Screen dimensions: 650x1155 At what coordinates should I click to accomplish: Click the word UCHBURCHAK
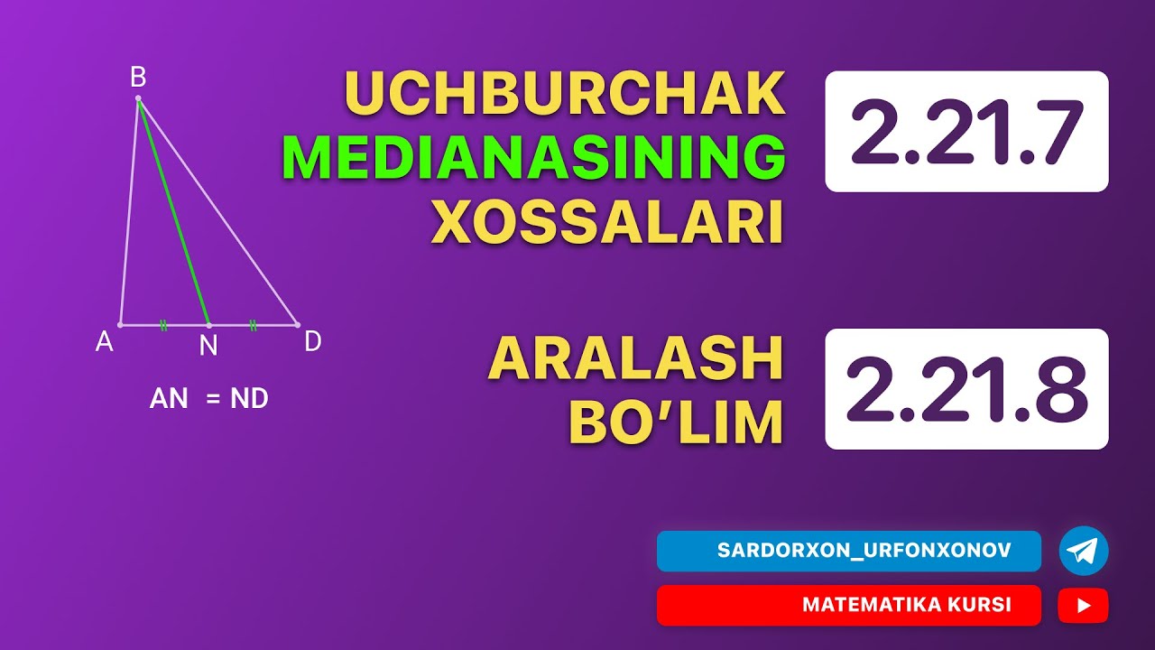(564, 94)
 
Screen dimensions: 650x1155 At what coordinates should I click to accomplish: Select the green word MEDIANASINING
(533, 158)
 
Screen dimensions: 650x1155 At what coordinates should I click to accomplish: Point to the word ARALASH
(635, 359)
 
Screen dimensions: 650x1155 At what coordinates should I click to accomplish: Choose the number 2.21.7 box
(966, 131)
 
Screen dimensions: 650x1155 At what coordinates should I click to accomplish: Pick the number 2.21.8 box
(966, 389)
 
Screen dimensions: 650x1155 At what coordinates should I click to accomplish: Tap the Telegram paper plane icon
(1083, 551)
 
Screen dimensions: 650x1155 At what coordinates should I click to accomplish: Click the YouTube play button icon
(1083, 605)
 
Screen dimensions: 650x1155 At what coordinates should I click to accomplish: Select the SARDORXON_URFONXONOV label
(864, 551)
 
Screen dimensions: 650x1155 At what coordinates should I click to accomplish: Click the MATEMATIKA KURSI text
(906, 605)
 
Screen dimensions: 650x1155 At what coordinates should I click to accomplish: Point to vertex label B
(138, 78)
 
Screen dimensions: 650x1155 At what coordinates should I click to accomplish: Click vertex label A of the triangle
(105, 341)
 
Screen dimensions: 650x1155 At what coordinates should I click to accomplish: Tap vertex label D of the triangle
(312, 341)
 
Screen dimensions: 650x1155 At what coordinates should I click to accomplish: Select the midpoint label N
(208, 346)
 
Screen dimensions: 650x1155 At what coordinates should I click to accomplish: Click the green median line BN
(173, 212)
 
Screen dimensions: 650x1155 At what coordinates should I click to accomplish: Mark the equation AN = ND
(208, 398)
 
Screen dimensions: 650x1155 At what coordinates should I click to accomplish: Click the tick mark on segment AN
(163, 325)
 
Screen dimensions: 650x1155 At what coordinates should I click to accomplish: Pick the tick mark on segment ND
(253, 325)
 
